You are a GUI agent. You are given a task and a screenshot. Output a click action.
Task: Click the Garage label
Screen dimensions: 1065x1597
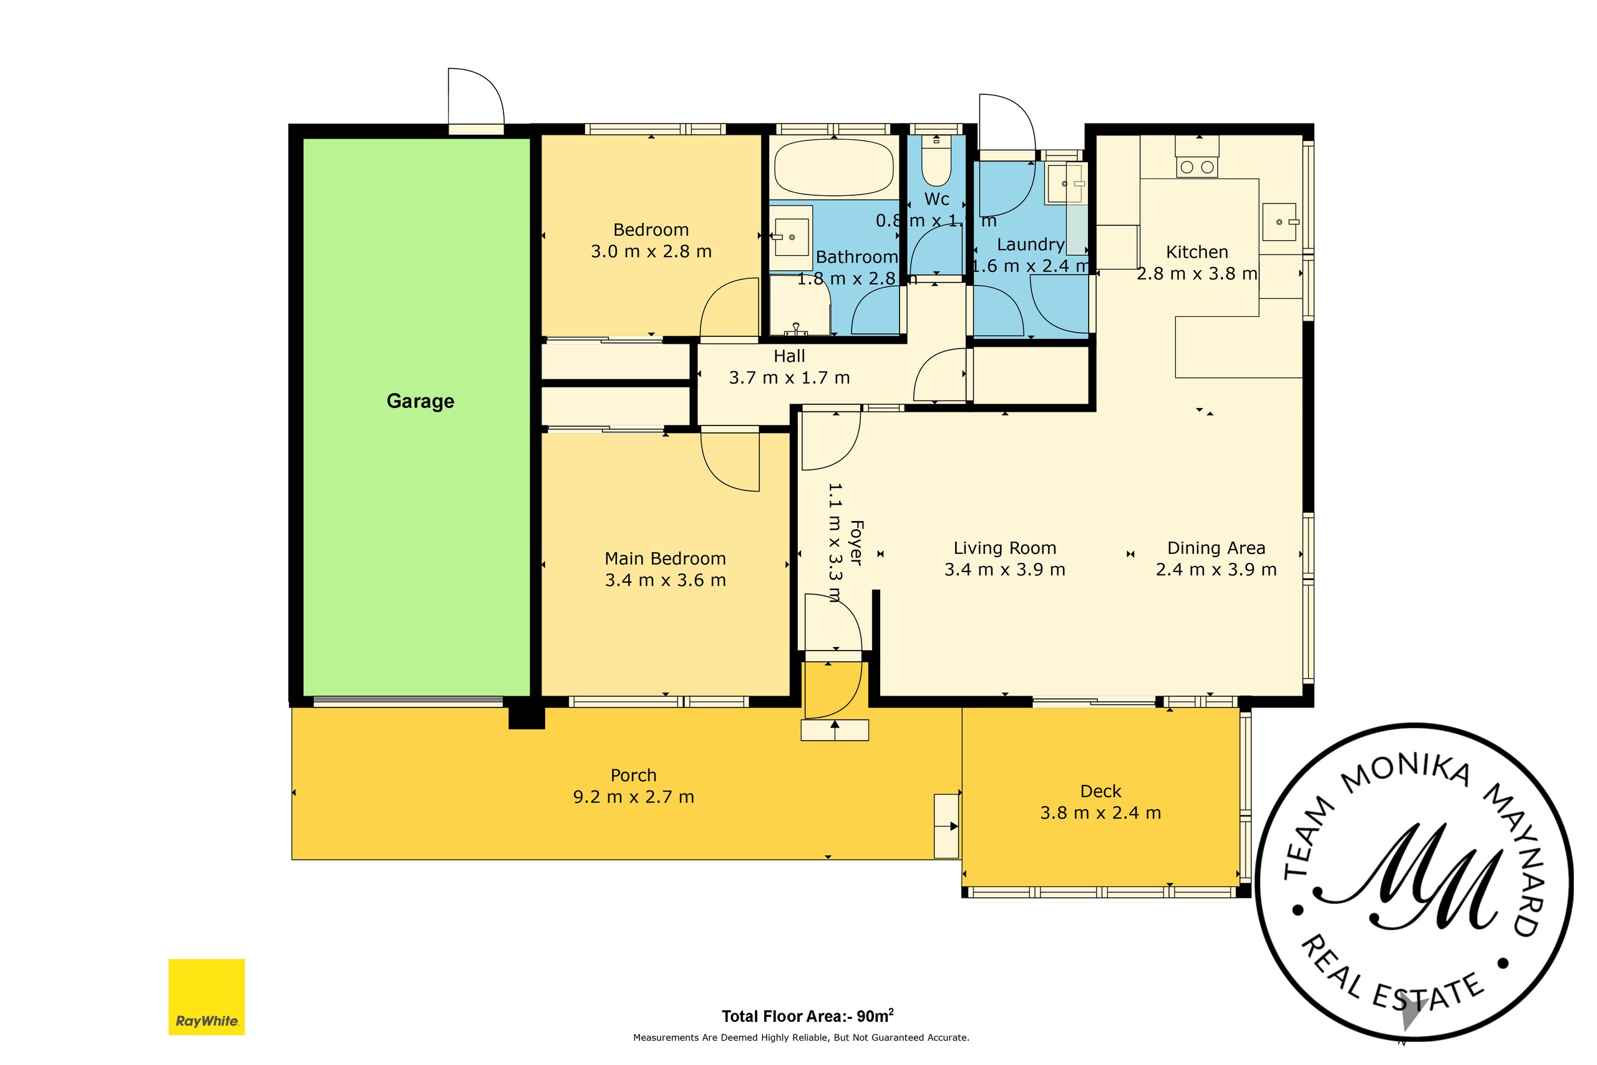[420, 401]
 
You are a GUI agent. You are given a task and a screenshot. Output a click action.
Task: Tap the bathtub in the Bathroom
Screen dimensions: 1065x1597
[834, 167]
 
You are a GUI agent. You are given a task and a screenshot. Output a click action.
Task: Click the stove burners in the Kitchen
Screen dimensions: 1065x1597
[1197, 167]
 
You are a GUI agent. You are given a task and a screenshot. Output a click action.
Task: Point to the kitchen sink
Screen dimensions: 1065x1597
[1279, 222]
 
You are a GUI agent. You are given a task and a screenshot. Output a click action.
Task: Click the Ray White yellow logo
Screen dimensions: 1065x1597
[206, 996]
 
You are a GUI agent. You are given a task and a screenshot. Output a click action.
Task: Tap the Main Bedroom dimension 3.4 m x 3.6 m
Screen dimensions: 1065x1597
[666, 580]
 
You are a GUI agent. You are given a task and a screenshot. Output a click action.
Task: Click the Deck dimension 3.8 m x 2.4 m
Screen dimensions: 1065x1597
[1100, 812]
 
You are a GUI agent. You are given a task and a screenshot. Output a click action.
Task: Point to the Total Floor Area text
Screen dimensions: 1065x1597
[807, 1016]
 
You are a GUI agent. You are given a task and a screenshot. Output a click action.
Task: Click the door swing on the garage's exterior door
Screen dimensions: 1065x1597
[477, 95]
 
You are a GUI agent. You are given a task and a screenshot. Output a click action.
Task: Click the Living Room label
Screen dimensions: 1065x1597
[1005, 548]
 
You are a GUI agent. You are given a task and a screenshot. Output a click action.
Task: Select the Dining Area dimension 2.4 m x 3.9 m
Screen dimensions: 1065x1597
[1216, 569]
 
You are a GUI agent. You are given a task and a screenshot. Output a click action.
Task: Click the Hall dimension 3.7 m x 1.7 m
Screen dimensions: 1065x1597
[789, 377]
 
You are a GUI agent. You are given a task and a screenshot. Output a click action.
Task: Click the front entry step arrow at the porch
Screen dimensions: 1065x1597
[835, 730]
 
